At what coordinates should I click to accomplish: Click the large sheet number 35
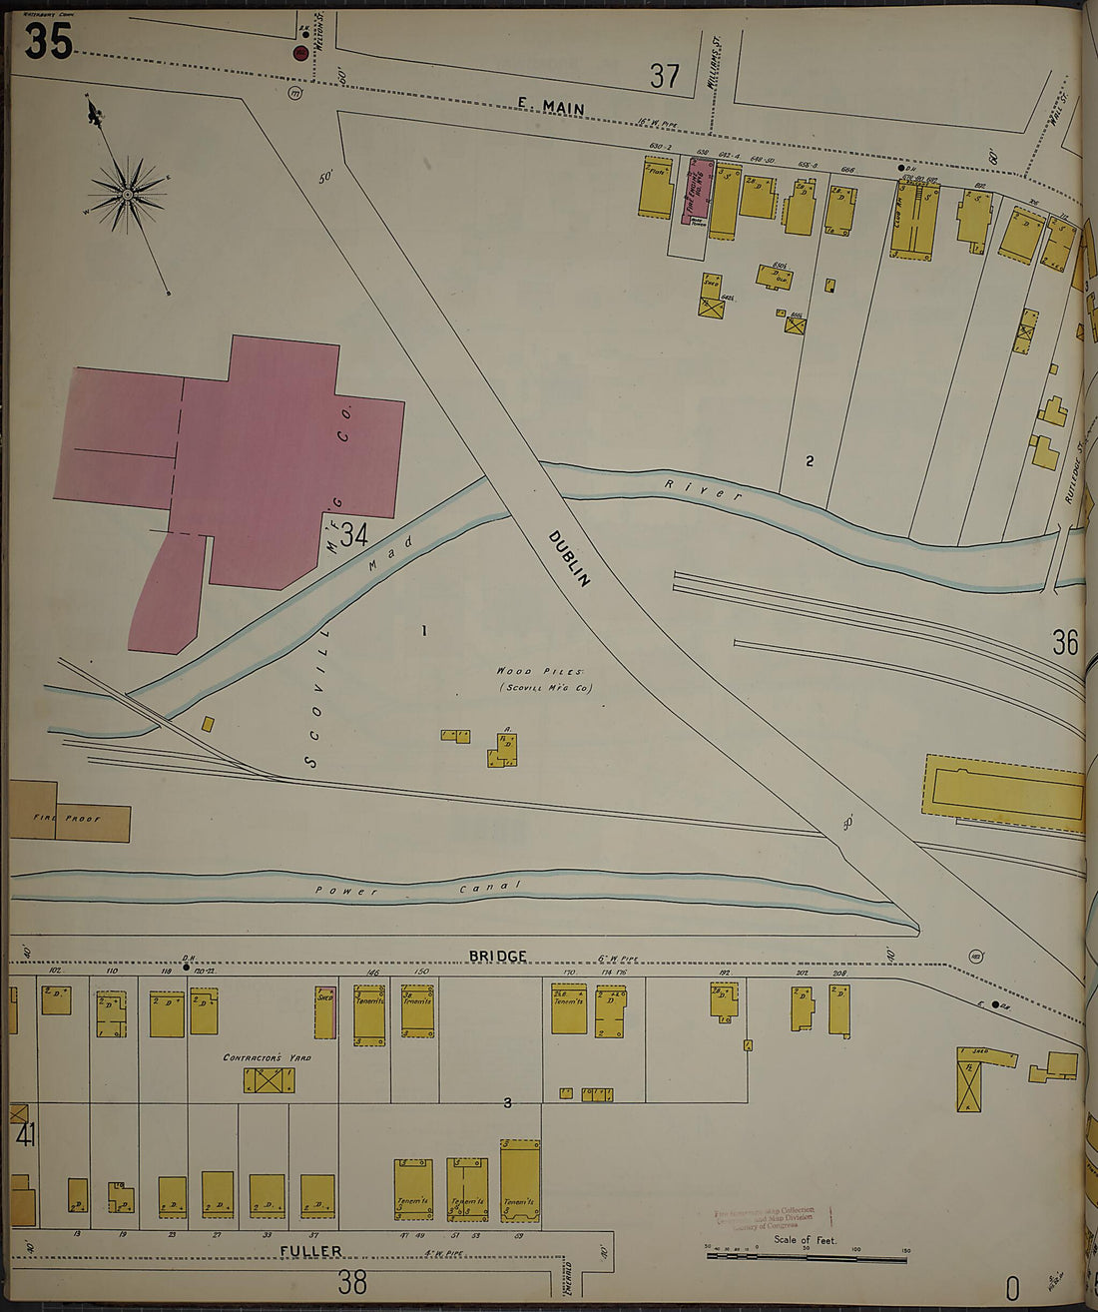(x=48, y=41)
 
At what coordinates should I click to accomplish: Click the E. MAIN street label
(x=551, y=108)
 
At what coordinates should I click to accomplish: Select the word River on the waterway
(x=704, y=489)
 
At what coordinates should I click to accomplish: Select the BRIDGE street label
(x=497, y=956)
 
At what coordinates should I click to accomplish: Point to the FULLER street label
(x=310, y=1250)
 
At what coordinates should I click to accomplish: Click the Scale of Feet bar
(x=809, y=1254)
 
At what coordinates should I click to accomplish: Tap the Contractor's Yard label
(x=267, y=1057)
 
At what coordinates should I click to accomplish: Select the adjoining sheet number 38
(x=352, y=1282)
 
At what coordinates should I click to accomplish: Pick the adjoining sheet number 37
(x=664, y=76)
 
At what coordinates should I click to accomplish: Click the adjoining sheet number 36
(x=1065, y=642)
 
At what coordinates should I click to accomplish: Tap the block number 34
(x=353, y=535)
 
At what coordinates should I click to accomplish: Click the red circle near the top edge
(x=299, y=53)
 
